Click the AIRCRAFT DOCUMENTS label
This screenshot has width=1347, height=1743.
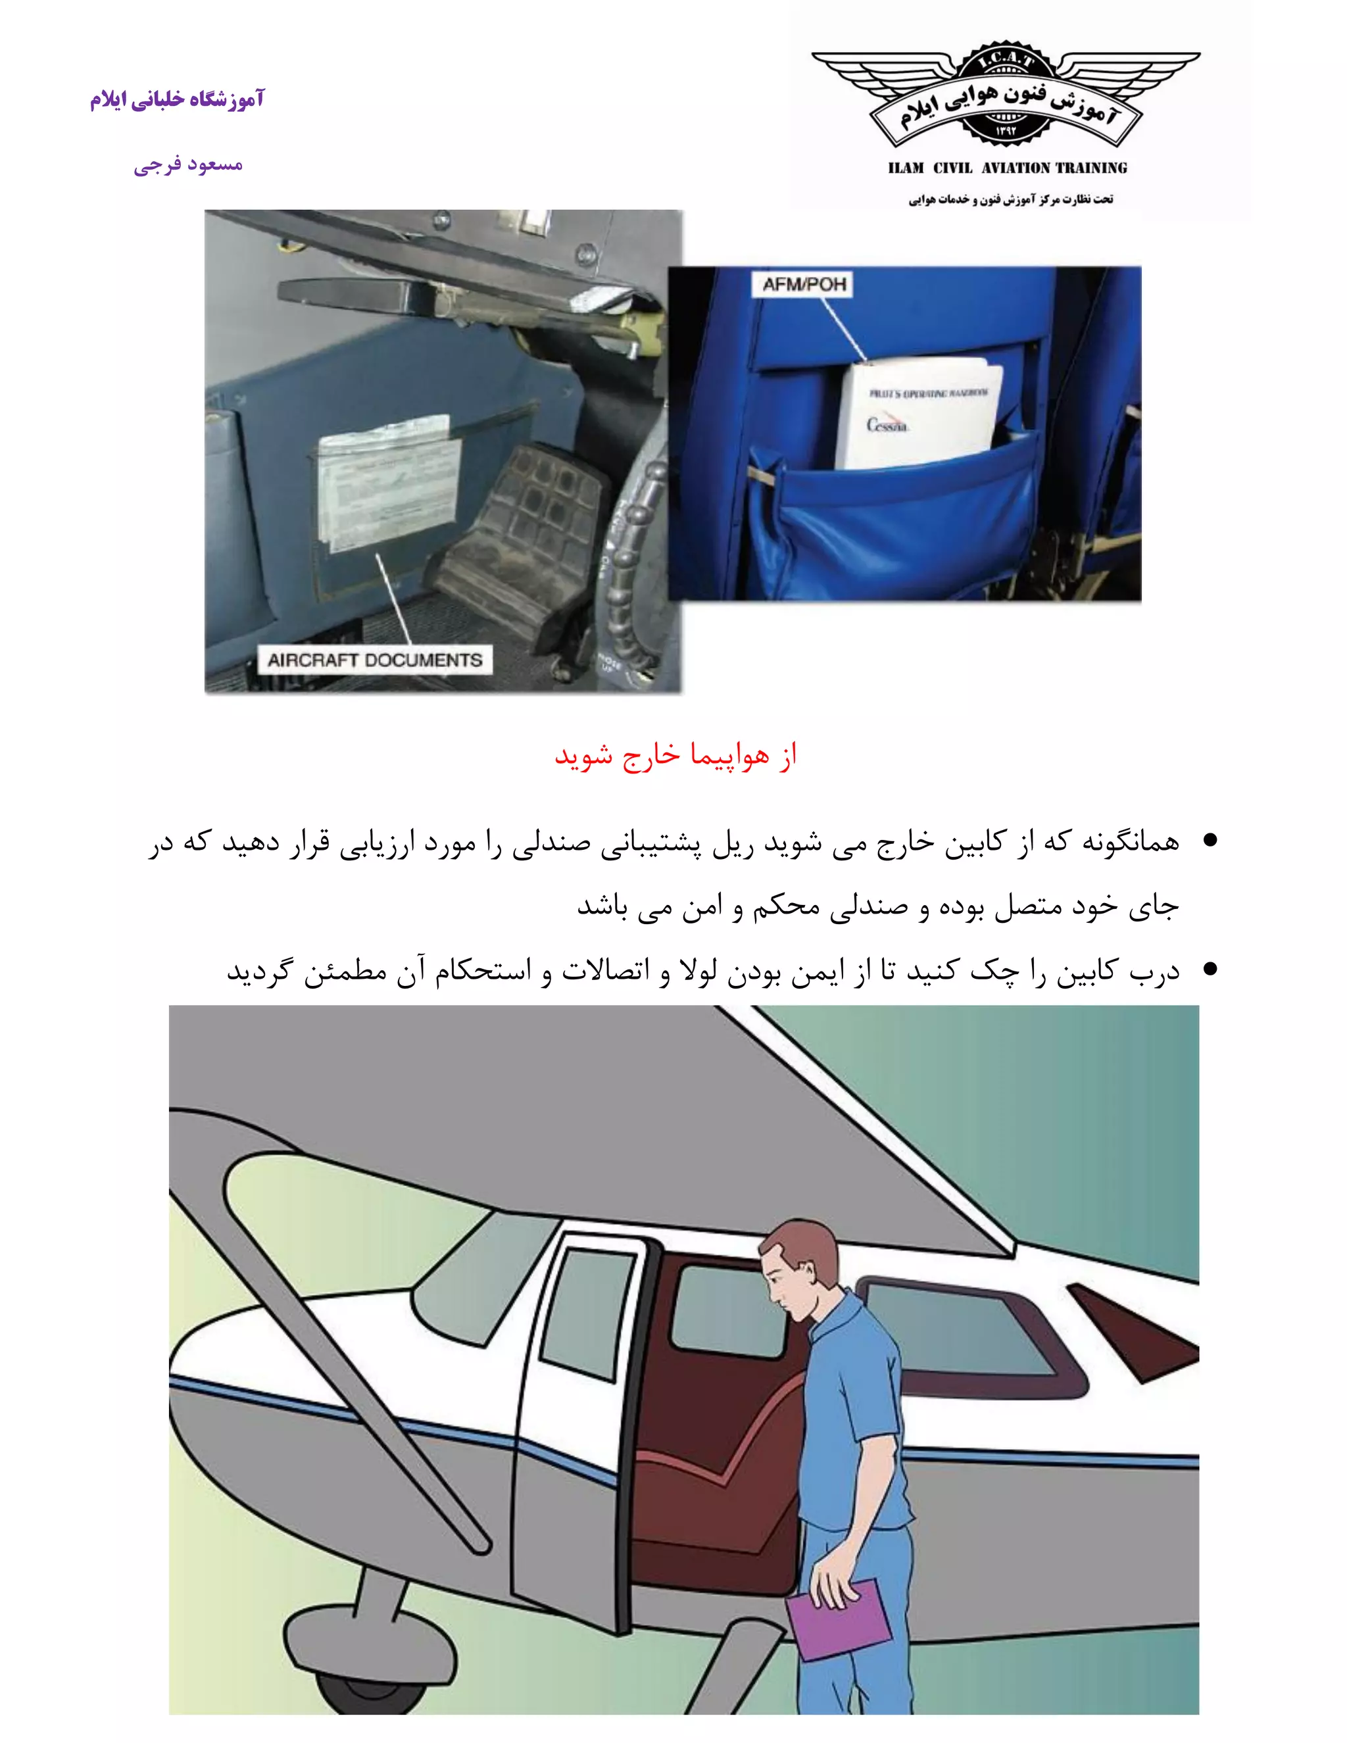point(374,660)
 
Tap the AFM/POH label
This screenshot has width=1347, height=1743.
point(804,284)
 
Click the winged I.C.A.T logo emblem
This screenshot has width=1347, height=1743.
point(1006,97)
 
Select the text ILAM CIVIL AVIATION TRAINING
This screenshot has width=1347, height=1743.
point(1007,168)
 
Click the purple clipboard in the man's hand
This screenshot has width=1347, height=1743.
point(837,1619)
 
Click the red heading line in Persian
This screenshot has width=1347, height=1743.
point(676,755)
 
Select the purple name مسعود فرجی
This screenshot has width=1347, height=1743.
point(188,165)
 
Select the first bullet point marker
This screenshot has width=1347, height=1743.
point(1210,841)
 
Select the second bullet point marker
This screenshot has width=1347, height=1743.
point(1210,970)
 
